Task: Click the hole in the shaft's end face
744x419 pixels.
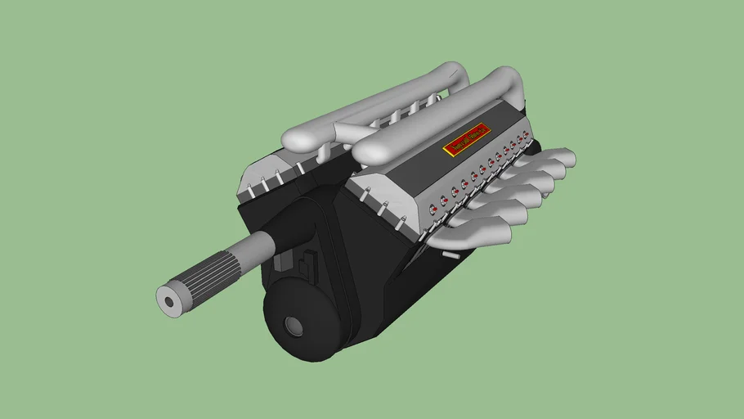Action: (170, 301)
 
